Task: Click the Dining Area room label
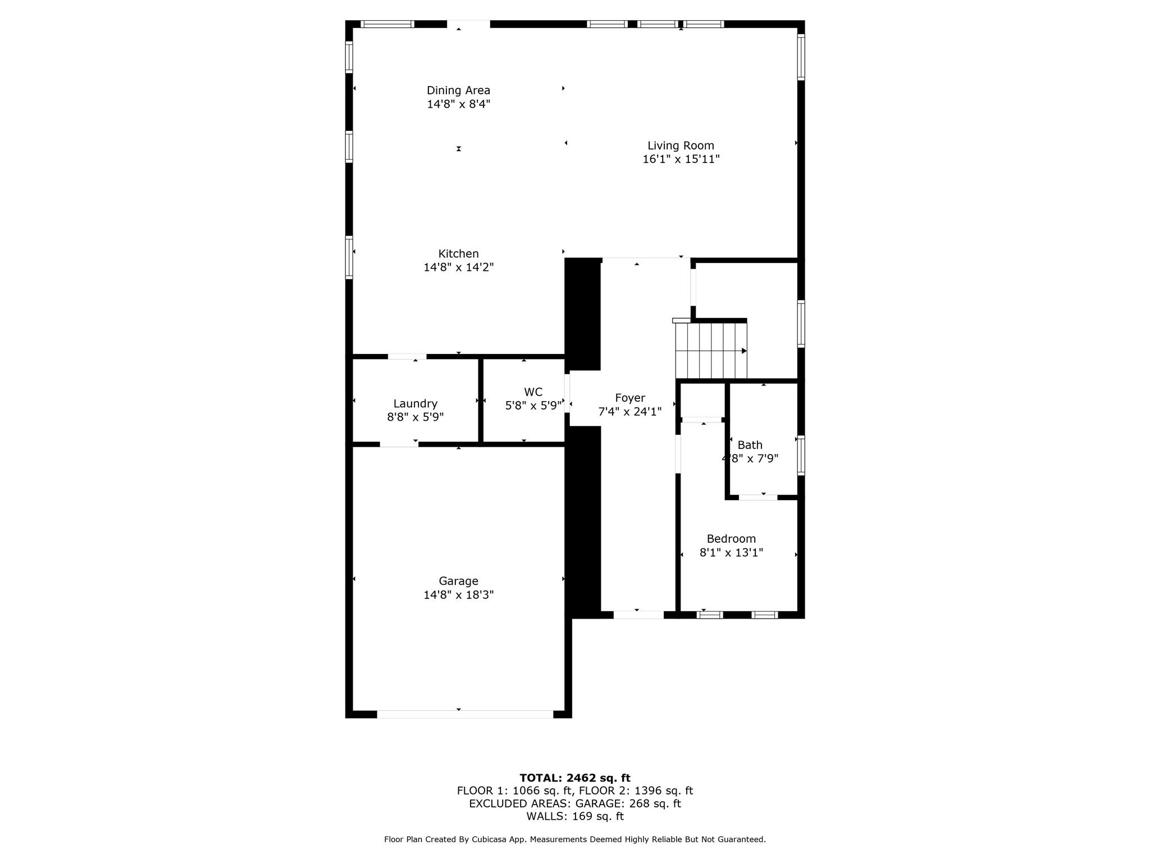458,90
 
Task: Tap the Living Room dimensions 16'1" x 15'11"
681,160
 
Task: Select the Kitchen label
458,254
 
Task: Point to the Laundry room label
415,403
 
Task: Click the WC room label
533,392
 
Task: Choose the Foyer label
629,398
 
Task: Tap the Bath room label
750,445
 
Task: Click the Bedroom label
731,539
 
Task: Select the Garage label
458,581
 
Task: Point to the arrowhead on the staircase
744,351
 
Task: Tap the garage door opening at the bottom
465,714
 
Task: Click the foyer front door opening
638,615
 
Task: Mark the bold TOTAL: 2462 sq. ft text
574,778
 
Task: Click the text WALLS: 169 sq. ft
574,816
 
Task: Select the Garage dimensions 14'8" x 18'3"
458,595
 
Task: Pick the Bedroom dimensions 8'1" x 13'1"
731,553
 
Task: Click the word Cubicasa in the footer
487,839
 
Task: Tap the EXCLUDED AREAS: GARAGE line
574,803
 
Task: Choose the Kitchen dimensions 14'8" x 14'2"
458,267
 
